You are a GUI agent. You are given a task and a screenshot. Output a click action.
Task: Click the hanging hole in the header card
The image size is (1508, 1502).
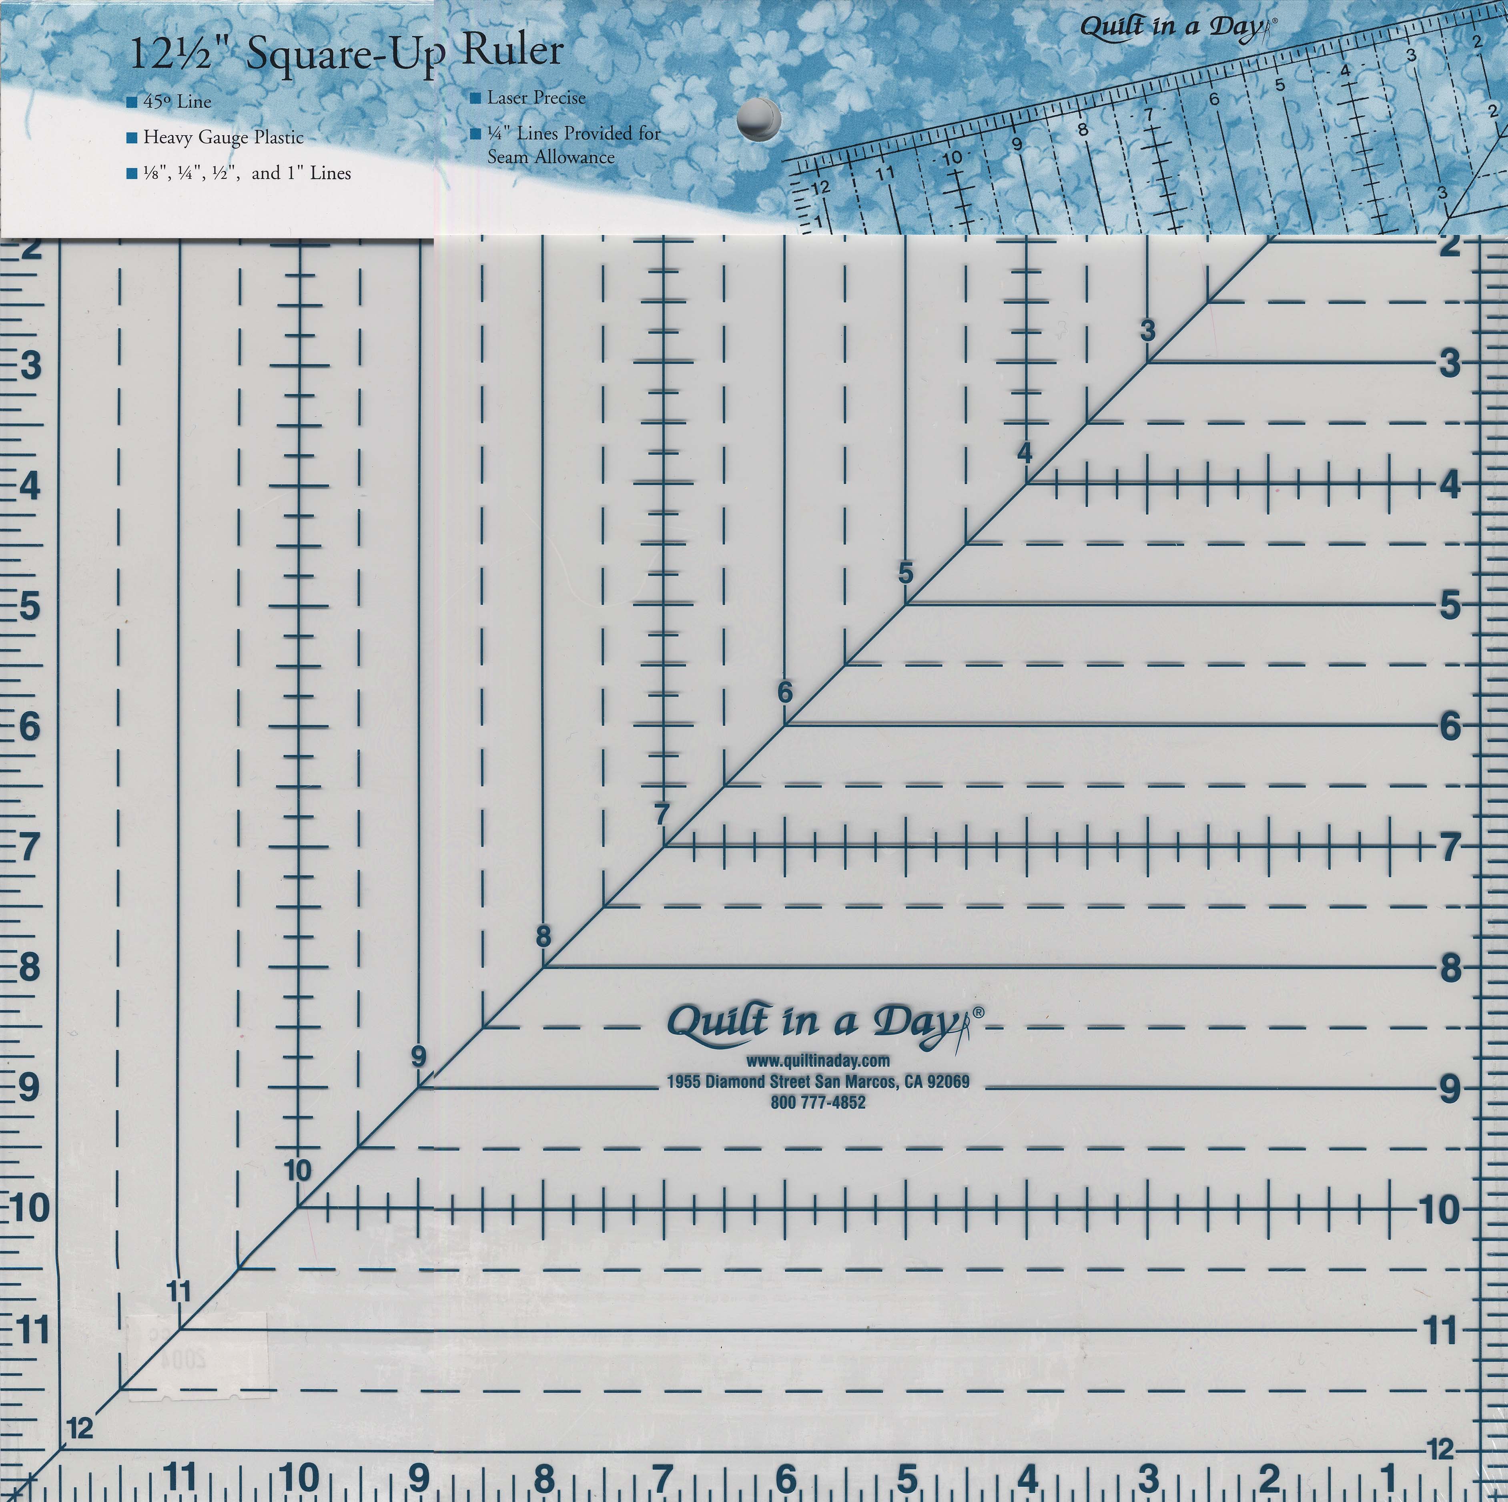coord(759,118)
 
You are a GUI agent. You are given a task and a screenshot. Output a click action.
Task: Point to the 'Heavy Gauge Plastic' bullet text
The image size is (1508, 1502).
coord(223,137)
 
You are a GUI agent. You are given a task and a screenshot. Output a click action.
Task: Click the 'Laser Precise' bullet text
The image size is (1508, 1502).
coord(536,98)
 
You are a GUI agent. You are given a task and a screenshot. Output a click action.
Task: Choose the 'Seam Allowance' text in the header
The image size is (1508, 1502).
coord(551,157)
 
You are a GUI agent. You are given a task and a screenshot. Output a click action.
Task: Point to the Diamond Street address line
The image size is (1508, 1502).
coord(818,1081)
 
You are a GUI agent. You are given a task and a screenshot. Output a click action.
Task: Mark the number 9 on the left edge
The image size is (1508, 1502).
coord(28,1087)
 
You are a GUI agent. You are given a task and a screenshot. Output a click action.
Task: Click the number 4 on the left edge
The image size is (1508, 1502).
coord(30,487)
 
